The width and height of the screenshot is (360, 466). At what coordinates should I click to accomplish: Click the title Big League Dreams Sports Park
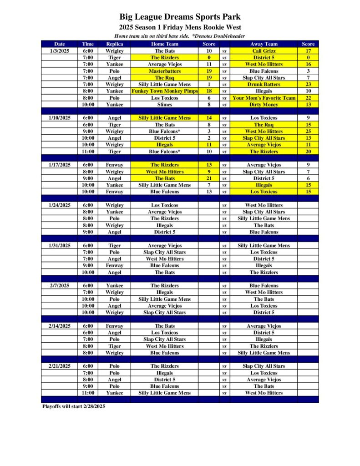tap(180, 17)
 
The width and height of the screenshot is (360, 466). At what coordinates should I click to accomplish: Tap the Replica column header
tap(114, 44)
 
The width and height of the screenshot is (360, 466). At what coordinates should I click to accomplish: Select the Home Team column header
tap(165, 44)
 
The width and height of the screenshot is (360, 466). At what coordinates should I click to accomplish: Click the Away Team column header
tap(264, 44)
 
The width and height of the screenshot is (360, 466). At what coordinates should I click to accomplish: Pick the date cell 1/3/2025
tap(60, 51)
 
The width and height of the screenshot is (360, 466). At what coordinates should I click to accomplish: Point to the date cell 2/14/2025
tap(60, 326)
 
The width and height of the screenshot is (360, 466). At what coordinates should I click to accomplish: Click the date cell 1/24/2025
tap(60, 205)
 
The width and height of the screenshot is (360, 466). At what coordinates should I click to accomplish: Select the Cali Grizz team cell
tap(264, 51)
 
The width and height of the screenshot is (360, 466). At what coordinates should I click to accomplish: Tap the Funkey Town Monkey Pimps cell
tap(165, 91)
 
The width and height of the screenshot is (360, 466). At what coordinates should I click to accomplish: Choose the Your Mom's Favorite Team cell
tap(264, 98)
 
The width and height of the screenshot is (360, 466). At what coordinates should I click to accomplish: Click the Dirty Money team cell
tap(264, 105)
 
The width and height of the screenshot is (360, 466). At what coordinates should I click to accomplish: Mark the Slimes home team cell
tap(165, 105)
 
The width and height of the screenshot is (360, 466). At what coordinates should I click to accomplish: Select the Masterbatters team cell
tap(165, 71)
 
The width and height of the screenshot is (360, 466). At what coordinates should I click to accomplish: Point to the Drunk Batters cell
tap(264, 84)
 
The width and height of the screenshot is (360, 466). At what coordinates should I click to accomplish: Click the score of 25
tap(308, 132)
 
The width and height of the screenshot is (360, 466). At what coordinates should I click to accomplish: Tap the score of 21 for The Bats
tap(209, 178)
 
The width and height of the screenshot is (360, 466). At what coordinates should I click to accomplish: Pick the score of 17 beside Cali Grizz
tap(308, 51)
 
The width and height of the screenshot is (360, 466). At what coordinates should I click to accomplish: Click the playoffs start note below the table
tap(74, 406)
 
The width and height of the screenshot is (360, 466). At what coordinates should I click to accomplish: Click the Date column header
tap(60, 44)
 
